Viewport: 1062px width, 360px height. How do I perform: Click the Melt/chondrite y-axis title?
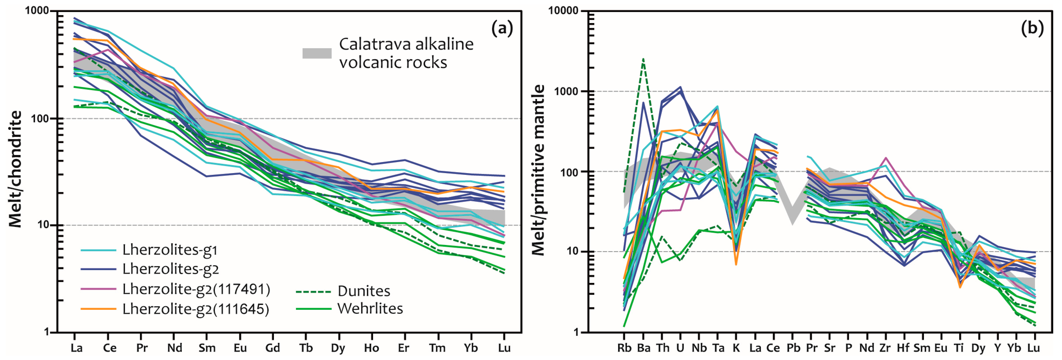[x=16, y=169]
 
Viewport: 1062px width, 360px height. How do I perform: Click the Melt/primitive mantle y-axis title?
[x=538, y=170]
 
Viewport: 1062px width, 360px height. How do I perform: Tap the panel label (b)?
[x=1032, y=28]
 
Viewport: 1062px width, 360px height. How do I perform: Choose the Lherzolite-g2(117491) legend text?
[x=196, y=289]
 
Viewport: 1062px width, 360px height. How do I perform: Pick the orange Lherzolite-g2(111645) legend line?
[x=98, y=309]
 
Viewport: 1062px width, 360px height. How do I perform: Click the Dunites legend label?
[x=364, y=291]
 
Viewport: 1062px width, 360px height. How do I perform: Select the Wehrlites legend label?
[x=370, y=308]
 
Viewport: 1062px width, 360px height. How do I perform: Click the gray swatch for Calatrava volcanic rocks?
[x=317, y=53]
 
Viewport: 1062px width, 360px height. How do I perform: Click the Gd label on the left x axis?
[x=272, y=348]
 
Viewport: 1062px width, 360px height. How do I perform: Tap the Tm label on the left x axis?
[x=437, y=348]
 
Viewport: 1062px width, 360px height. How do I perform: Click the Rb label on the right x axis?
[x=624, y=348]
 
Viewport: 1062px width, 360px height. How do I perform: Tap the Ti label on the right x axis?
[x=959, y=348]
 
